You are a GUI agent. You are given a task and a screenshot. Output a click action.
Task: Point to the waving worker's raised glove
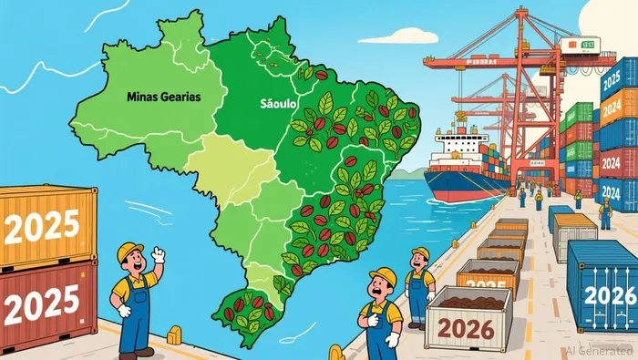tap(159, 255)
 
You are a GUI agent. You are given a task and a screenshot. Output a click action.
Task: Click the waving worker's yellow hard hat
tap(130, 251)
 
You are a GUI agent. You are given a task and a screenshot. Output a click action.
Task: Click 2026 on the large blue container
tap(609, 293)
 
